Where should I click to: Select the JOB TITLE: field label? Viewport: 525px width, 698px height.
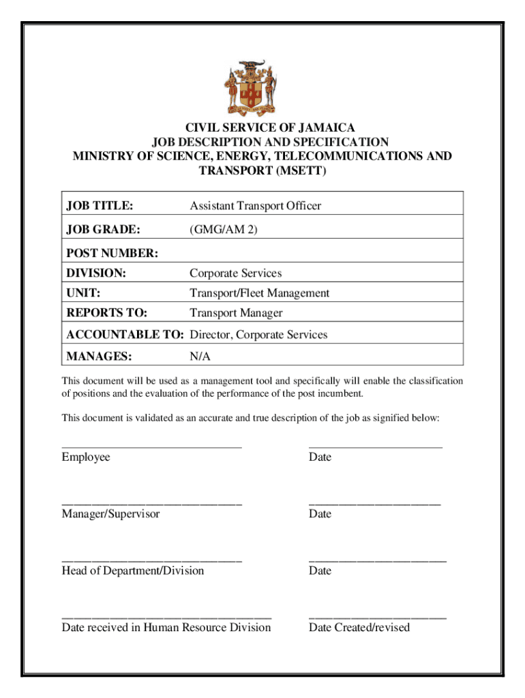click(99, 205)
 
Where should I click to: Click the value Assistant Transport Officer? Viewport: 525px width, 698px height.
click(255, 205)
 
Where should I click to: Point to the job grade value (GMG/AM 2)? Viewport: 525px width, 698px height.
click(224, 230)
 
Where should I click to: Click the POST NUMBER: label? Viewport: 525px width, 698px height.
click(112, 254)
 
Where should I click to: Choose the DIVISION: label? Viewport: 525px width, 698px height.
click(96, 273)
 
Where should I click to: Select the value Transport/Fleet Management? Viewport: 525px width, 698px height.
click(259, 293)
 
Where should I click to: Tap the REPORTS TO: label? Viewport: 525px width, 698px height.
click(107, 313)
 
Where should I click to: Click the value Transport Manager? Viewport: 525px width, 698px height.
click(236, 313)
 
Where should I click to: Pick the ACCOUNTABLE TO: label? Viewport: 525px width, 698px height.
click(125, 335)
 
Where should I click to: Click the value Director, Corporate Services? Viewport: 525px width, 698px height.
click(258, 335)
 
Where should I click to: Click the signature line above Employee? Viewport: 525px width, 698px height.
click(151, 446)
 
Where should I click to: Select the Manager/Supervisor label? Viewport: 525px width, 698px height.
click(110, 513)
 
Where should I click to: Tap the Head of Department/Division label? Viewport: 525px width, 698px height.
click(132, 571)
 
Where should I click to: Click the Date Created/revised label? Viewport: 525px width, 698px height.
click(359, 627)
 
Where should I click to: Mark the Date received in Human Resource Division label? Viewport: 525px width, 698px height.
click(166, 627)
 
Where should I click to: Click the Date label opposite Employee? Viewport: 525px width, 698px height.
click(320, 457)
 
